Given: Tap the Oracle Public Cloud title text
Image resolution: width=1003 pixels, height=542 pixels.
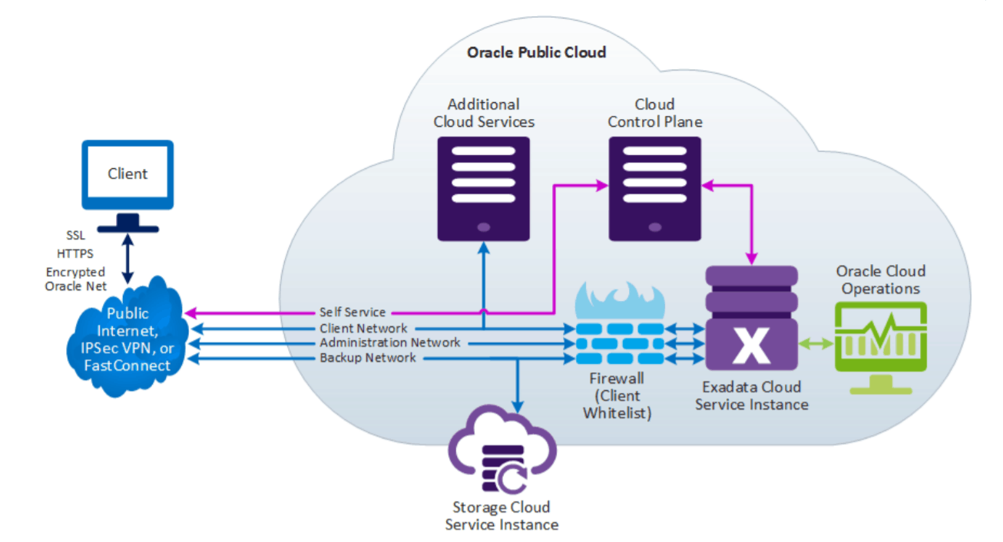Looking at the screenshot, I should (x=536, y=52).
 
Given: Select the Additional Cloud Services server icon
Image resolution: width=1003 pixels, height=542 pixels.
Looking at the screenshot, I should (x=484, y=187).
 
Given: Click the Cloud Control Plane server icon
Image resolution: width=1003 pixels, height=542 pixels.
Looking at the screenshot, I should (x=654, y=187).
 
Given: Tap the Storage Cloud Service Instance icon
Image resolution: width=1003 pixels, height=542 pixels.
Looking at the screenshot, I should (x=501, y=461).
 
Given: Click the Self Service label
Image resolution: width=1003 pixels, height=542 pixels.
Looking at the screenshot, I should (x=353, y=312).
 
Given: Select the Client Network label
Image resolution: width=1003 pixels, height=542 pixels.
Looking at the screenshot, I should (x=363, y=329).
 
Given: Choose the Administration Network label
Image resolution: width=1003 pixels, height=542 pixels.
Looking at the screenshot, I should (x=390, y=342).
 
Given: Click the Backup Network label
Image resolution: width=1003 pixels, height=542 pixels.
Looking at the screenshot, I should (x=368, y=358).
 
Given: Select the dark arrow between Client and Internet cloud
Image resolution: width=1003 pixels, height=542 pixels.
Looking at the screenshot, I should (x=128, y=258).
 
